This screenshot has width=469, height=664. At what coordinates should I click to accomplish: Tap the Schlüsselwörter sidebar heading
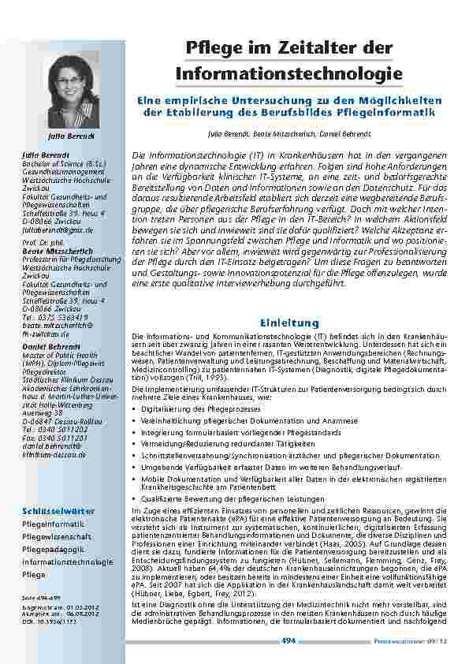52,512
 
